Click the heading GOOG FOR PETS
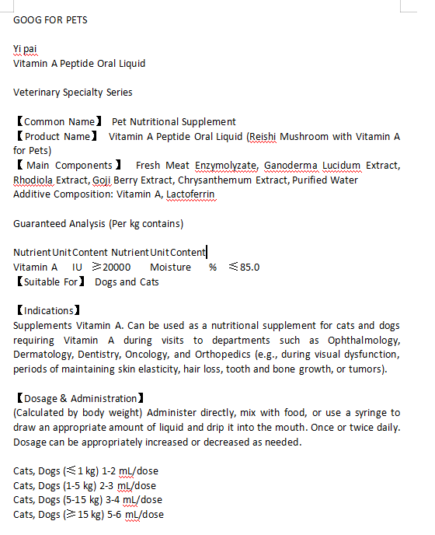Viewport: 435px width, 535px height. coord(50,19)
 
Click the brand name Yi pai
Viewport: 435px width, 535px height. coord(25,49)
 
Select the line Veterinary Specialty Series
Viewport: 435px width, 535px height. coord(73,93)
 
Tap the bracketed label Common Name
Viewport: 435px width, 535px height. coord(59,122)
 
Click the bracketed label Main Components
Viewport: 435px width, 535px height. coord(69,166)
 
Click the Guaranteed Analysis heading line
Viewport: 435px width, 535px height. coord(98,224)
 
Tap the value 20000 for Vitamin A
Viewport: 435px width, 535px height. coord(117,267)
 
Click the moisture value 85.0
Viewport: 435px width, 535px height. coord(249,267)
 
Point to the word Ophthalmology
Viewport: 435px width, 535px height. coord(364,340)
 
